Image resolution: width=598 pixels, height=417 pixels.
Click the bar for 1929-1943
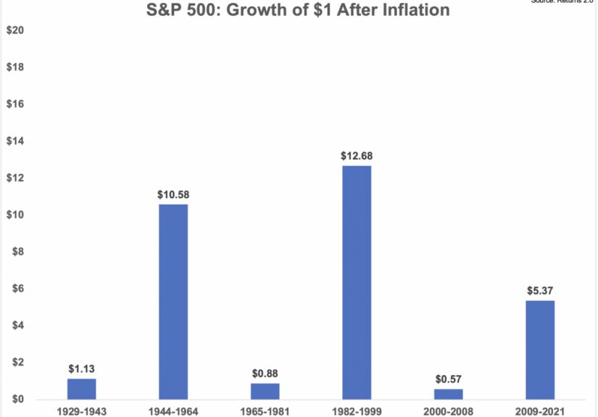pyautogui.click(x=81, y=389)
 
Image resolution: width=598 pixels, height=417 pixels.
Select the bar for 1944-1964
pyautogui.click(x=173, y=302)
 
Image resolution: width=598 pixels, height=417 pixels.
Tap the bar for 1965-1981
pyautogui.click(x=265, y=392)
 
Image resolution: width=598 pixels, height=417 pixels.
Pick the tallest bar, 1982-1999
pyautogui.click(x=357, y=283)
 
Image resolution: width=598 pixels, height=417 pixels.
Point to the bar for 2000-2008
pyautogui.click(x=449, y=395)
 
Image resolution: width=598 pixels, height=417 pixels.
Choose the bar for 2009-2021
pyautogui.click(x=540, y=350)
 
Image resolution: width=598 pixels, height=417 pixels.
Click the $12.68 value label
pyautogui.click(x=357, y=156)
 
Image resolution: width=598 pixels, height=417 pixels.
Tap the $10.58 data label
pyautogui.click(x=173, y=194)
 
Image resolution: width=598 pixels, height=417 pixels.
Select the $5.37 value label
pyautogui.click(x=540, y=291)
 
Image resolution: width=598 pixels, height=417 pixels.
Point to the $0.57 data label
pyautogui.click(x=449, y=379)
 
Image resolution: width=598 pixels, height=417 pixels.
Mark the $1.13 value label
pyautogui.click(x=81, y=368)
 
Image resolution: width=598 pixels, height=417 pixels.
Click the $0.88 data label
pyautogui.click(x=265, y=373)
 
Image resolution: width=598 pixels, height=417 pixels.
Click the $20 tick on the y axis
pyautogui.click(x=15, y=30)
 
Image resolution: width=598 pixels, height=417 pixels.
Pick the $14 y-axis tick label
pyautogui.click(x=15, y=141)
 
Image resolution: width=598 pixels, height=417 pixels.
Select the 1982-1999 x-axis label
pyautogui.click(x=357, y=411)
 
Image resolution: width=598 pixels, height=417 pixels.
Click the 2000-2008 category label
pyautogui.click(x=449, y=411)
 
